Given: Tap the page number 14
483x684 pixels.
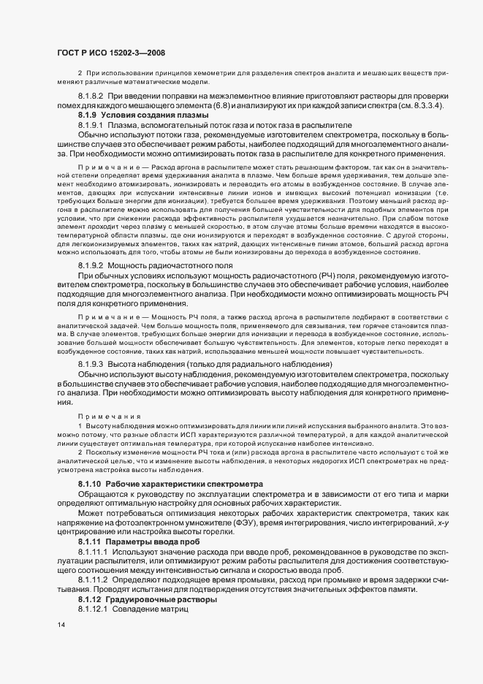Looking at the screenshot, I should point(61,626).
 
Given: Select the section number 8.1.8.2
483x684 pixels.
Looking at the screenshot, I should point(91,96).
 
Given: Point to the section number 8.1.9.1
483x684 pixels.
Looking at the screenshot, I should point(91,125).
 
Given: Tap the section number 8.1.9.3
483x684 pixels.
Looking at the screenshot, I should point(91,364).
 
